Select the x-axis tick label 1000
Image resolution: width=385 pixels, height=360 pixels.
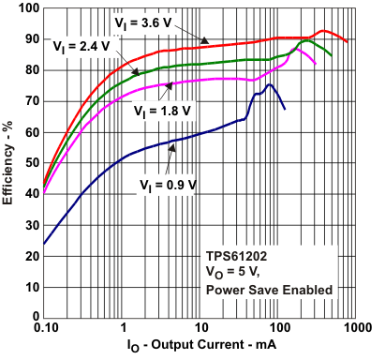point(355,331)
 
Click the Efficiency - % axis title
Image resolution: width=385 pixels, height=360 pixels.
point(9,163)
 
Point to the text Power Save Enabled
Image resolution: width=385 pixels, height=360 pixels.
point(269,291)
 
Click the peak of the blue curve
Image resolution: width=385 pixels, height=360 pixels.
point(270,84)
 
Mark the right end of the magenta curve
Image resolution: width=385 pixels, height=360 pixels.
point(316,64)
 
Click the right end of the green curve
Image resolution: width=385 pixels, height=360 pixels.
point(331,54)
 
